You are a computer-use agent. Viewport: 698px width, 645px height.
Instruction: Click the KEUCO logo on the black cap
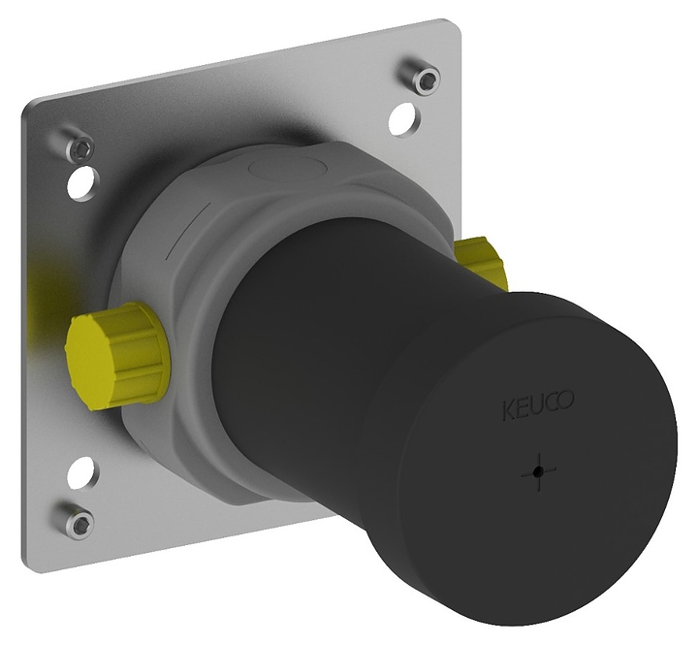538,405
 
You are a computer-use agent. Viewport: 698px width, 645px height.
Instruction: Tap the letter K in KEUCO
508,411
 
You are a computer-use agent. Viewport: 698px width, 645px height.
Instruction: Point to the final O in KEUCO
567,400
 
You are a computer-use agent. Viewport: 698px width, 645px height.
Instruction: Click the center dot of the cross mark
539,471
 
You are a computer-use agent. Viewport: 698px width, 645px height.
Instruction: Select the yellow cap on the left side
118,355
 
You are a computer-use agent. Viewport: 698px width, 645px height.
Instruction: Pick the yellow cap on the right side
481,262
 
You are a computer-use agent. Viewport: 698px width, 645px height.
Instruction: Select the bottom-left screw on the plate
79,520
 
